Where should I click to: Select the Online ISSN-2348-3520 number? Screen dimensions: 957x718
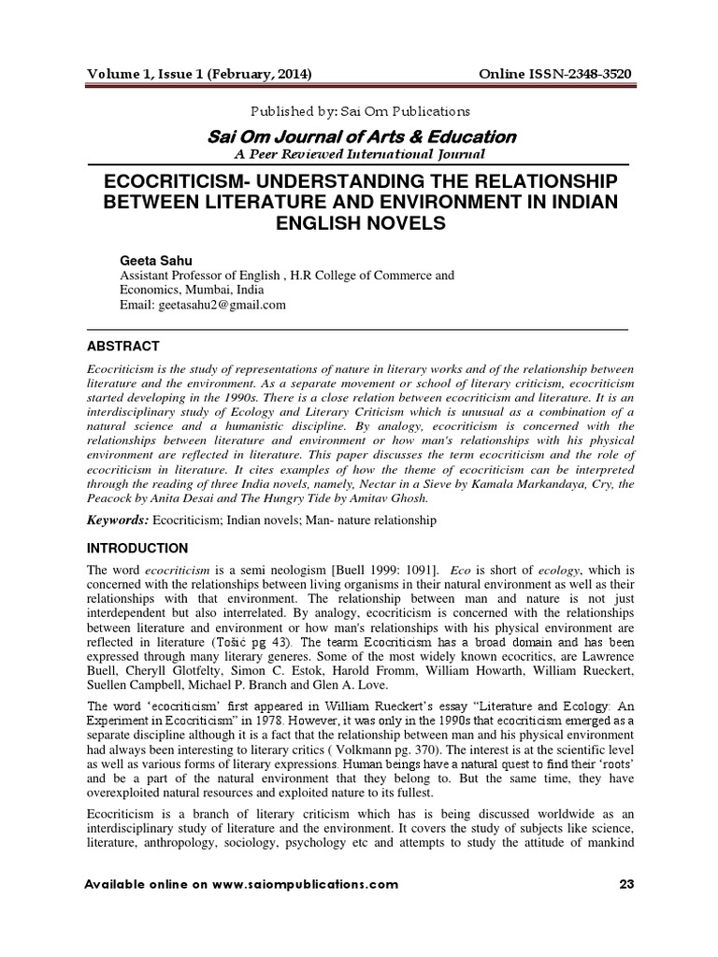coord(555,73)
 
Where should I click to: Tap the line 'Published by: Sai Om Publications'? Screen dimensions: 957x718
coord(360,111)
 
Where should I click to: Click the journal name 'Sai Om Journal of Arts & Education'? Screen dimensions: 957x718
coord(361,136)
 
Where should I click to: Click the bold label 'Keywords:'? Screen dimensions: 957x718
coord(118,519)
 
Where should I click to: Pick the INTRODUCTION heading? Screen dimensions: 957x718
coord(137,548)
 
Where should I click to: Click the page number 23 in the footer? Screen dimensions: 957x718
coord(625,884)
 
